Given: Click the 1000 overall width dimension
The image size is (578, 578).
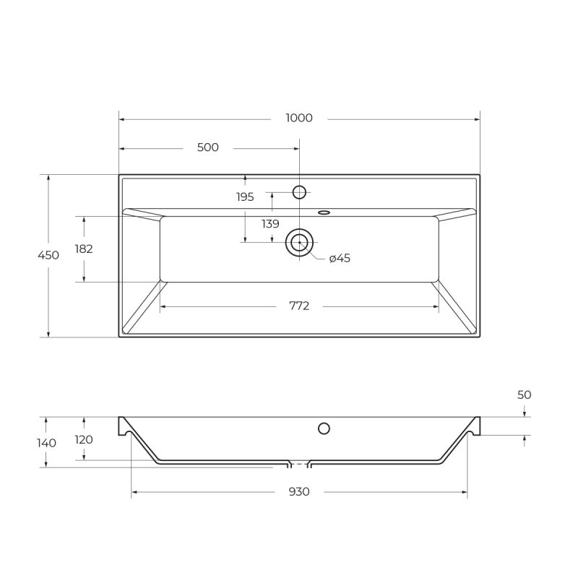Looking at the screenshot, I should [299, 118].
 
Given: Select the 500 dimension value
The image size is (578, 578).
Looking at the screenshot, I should [207, 147].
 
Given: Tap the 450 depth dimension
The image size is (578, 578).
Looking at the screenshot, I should [48, 255].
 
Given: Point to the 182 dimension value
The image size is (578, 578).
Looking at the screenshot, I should [84, 249].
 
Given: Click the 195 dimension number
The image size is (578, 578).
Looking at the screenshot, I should [245, 197].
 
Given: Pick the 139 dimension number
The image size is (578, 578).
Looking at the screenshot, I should [270, 224].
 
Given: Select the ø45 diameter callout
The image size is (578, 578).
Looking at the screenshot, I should [340, 258].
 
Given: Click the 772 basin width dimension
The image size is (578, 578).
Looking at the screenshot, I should [299, 306].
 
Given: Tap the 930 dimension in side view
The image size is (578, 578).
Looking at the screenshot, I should [299, 491].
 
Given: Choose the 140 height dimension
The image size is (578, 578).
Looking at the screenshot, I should [47, 442].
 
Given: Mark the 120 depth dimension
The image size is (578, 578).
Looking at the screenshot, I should [85, 439].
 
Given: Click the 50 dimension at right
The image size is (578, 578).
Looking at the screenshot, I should [525, 394].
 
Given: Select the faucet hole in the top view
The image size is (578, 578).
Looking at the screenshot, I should [299, 192].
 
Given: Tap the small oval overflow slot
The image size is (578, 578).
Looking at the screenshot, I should [324, 212].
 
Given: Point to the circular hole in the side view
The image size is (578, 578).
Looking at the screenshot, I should [324, 428].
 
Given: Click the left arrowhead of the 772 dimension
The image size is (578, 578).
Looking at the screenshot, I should [163, 306].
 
